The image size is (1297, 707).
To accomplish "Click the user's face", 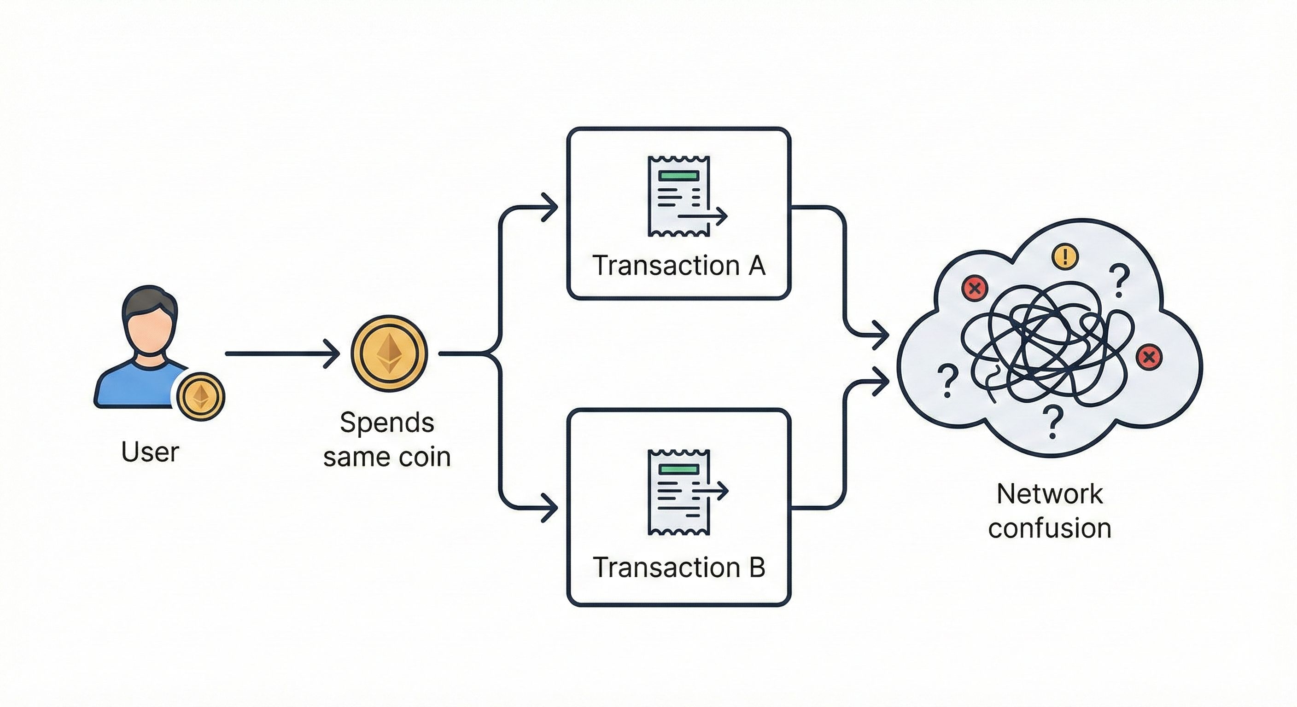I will (150, 330).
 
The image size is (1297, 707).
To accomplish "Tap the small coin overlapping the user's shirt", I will (201, 396).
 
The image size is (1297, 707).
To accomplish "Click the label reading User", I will (150, 452).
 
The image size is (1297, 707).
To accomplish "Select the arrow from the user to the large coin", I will (282, 354).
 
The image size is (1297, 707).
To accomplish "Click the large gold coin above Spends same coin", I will (389, 353).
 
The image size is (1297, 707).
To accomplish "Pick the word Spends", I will (387, 422).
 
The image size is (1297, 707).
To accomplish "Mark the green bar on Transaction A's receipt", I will (679, 176).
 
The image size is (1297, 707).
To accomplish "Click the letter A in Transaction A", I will (757, 265).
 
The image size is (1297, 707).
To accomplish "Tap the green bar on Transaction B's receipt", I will (679, 469).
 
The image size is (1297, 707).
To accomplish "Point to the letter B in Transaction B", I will (757, 567).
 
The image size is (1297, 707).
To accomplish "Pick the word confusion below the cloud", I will (1049, 528).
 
